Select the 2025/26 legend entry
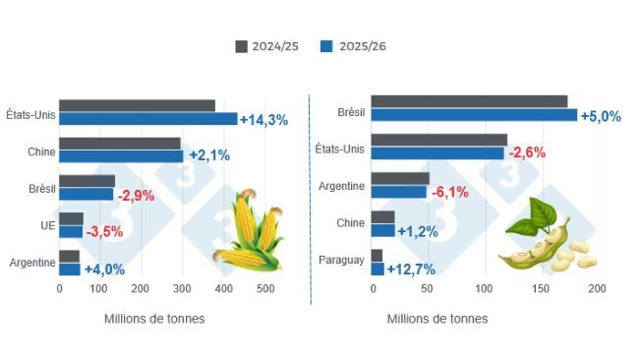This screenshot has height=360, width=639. pos(360,46)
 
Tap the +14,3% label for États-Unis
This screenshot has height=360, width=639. pos(263,120)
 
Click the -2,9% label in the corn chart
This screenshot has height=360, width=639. pos(136,195)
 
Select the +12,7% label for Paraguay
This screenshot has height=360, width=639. pos(411,270)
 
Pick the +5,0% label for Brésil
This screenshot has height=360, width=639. pos(601,116)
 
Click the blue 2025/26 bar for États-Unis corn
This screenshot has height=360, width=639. pos(147,119)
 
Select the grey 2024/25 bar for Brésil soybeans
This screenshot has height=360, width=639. pos(469,101)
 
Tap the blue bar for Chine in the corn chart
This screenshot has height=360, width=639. pos(121,156)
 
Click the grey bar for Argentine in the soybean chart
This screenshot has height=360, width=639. pos(400,178)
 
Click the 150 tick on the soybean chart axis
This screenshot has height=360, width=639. pos(541,289)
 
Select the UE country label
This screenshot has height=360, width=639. pos(47,225)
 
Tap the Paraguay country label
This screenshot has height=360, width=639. pos(341,261)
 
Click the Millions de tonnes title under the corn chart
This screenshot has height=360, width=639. pos(154,319)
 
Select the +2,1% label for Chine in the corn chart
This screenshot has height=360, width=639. pos(207,156)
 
